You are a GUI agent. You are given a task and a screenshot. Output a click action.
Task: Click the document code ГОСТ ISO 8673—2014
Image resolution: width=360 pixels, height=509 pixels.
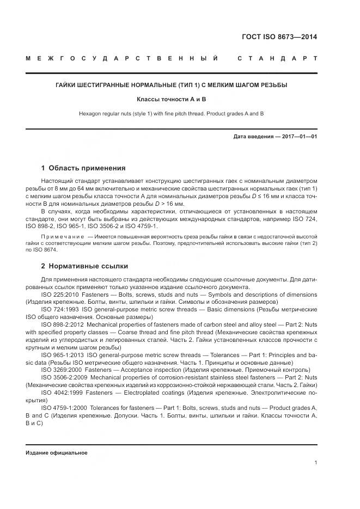click(x=279, y=38)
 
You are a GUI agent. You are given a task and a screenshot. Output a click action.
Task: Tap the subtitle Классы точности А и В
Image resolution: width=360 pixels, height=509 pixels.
click(x=171, y=100)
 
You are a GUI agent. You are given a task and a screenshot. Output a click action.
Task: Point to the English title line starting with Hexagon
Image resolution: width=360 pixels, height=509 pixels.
click(x=171, y=113)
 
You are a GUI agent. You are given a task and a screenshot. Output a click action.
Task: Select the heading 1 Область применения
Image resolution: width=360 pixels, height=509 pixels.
click(x=83, y=168)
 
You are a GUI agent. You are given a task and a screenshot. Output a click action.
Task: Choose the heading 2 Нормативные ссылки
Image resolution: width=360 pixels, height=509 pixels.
click(x=84, y=266)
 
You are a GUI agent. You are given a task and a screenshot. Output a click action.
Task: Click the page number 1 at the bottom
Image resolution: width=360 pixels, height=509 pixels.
click(x=316, y=463)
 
